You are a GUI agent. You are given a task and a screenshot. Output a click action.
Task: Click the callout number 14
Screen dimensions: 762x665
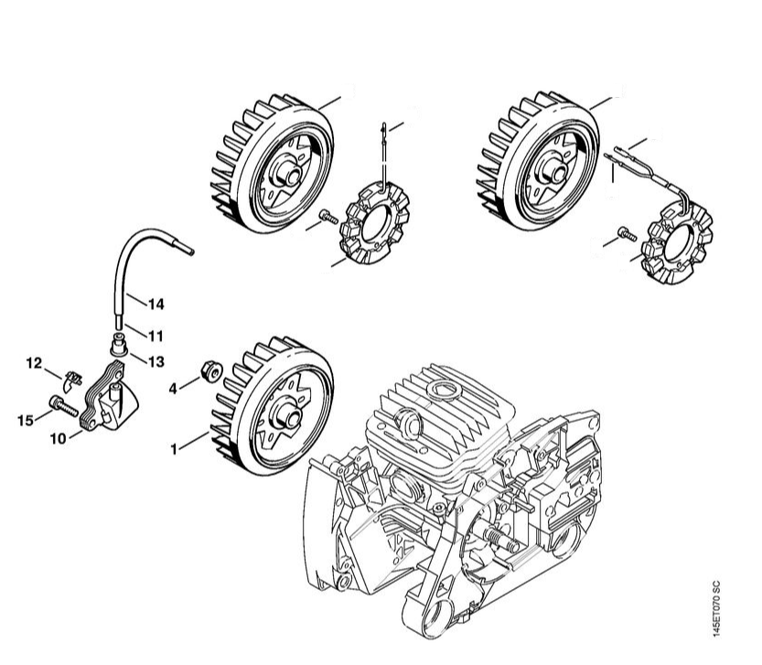coord(156,305)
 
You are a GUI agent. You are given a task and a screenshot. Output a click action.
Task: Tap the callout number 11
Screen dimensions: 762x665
coord(156,336)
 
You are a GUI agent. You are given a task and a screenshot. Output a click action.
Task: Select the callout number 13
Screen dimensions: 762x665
coord(156,361)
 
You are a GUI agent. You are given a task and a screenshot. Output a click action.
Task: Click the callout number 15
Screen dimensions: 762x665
coord(26,420)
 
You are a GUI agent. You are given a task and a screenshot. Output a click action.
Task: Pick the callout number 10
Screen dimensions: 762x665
coord(59,439)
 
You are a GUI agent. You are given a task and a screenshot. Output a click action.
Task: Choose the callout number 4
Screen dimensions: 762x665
coord(173,389)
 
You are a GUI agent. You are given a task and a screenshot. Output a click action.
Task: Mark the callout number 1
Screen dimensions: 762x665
coord(174,450)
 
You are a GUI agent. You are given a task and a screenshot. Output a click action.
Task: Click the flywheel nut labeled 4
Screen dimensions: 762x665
coord(212,371)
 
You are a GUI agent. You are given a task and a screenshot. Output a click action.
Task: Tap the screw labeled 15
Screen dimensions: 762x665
coord(63,406)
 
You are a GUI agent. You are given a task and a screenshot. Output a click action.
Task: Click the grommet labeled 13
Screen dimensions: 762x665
coord(118,344)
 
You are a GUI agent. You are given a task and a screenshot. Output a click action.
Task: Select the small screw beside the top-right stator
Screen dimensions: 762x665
coord(627,234)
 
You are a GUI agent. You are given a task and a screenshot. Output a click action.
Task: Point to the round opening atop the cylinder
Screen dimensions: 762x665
coord(445,390)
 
